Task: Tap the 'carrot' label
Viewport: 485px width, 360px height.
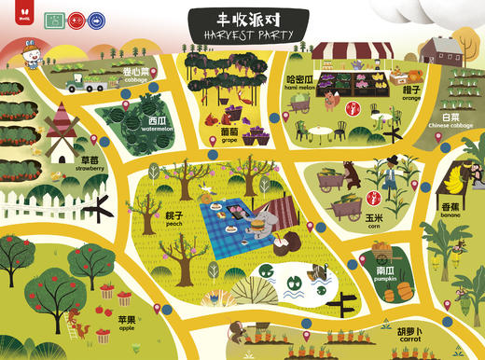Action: click(x=407, y=335)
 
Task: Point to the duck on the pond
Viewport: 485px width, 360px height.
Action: click(x=320, y=273)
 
